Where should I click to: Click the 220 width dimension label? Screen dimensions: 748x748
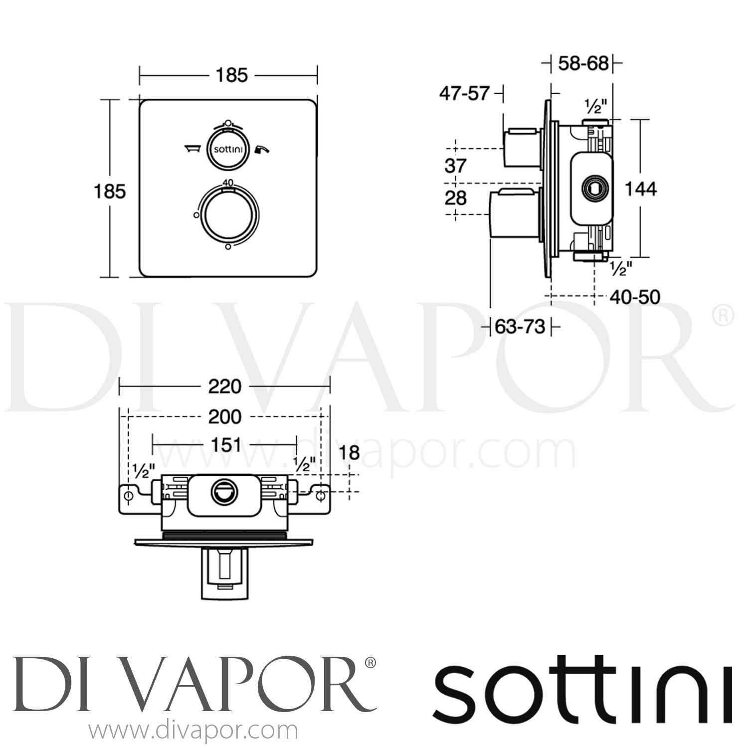click(x=224, y=386)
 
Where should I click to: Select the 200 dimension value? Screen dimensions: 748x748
click(x=224, y=416)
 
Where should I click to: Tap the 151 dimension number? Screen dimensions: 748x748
click(x=226, y=444)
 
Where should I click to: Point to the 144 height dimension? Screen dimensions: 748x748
click(x=641, y=189)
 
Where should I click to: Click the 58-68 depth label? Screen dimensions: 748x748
click(x=583, y=64)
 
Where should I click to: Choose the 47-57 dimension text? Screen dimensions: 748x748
click(x=464, y=93)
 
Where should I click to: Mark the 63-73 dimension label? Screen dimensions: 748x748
click(x=520, y=327)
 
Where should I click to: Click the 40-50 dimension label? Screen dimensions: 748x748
click(x=635, y=297)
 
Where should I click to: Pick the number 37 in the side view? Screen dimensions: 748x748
click(x=455, y=166)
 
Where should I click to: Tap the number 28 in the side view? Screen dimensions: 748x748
click(x=455, y=198)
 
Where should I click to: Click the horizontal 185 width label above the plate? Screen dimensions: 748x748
click(x=231, y=75)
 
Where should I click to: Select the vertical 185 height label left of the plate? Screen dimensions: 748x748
click(x=110, y=191)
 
